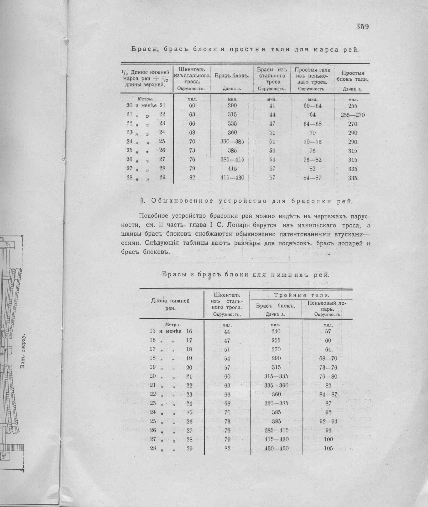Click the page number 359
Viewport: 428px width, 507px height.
[x=362, y=27]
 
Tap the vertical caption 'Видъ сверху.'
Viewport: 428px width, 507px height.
[x=24, y=351]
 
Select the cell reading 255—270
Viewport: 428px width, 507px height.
[x=353, y=115]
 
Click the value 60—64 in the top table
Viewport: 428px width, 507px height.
[x=312, y=106]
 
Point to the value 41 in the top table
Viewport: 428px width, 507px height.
[x=272, y=106]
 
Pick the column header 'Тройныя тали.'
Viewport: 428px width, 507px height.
[x=301, y=295]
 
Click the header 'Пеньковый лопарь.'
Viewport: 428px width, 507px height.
[x=327, y=306]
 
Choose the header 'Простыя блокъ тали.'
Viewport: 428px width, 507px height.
[x=352, y=76]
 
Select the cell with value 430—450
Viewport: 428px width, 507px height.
[x=276, y=448]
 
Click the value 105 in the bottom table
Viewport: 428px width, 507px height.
[x=328, y=448]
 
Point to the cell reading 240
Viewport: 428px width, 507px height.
[x=276, y=331]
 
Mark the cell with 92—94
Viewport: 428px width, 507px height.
[x=328, y=421]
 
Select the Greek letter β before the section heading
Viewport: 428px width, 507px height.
[x=142, y=201]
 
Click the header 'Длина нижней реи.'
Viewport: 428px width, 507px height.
[x=170, y=304]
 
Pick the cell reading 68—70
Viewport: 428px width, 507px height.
[x=328, y=358]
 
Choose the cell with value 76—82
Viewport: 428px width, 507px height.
[x=312, y=160]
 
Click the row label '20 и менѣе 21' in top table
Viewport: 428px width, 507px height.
[x=146, y=106]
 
